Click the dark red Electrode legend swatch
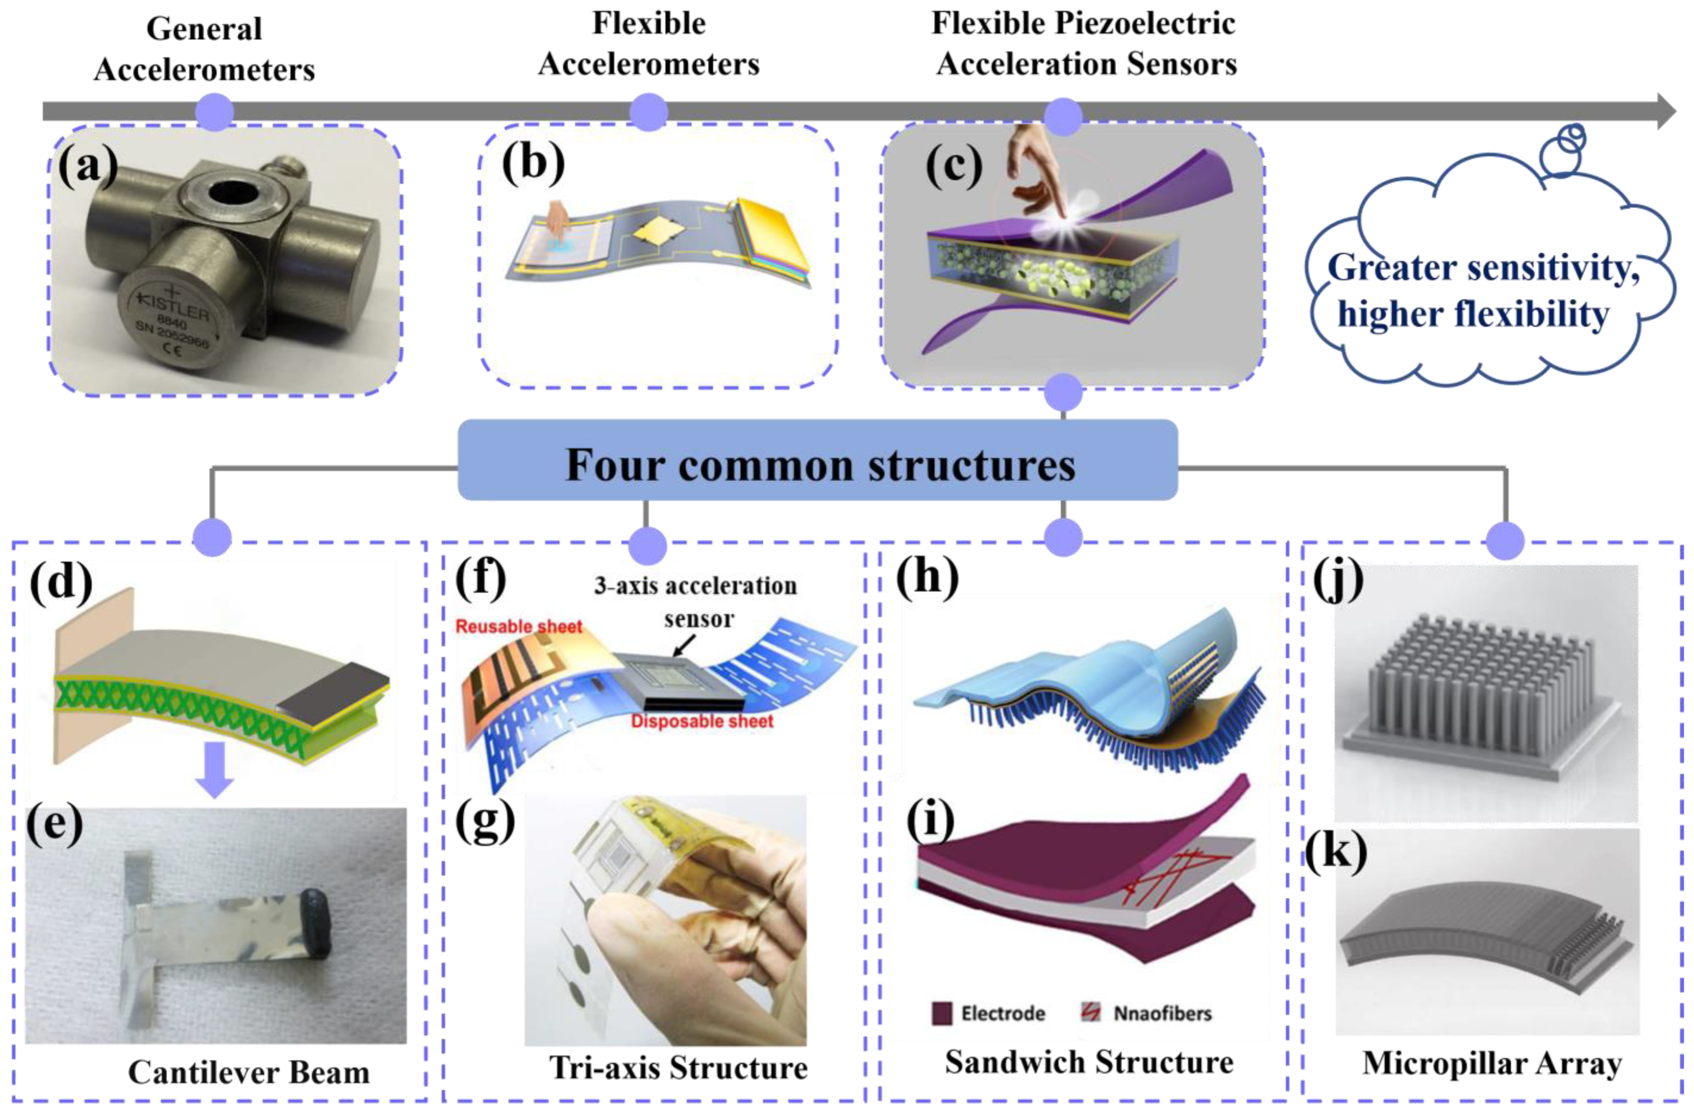point(941,1013)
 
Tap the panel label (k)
point(1336,851)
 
